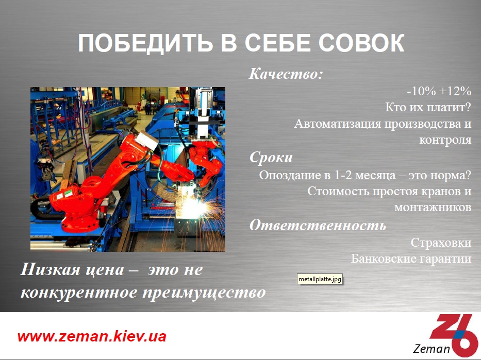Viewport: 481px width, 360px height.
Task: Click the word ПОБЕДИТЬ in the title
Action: click(145, 43)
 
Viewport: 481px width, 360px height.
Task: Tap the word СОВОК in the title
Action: click(361, 42)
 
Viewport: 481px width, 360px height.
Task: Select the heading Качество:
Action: click(286, 74)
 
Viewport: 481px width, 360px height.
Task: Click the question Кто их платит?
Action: click(428, 107)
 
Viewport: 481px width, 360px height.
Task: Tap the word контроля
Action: click(445, 140)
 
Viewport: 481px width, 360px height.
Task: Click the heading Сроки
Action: click(271, 158)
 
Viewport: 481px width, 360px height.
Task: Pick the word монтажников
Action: click(433, 208)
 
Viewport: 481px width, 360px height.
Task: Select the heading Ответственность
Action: click(318, 225)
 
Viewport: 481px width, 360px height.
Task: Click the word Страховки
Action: click(441, 243)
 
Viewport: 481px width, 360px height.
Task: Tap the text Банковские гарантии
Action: click(411, 259)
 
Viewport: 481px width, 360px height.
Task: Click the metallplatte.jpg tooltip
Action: click(320, 279)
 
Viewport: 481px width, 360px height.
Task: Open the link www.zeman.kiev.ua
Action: click(92, 336)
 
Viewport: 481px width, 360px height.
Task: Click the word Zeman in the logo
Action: click(432, 349)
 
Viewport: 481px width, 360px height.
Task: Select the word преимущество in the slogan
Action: click(204, 293)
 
